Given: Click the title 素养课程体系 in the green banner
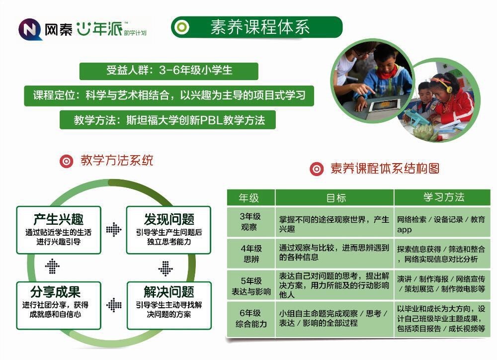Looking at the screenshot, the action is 260,27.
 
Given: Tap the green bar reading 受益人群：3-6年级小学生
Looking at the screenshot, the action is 168,71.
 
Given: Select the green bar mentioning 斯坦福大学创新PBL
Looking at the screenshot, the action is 167,120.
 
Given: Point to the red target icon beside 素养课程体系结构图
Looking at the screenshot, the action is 317,169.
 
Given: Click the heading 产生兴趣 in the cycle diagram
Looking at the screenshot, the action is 59,219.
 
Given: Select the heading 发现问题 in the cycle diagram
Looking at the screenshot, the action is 169,219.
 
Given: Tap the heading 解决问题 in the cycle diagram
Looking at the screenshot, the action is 169,291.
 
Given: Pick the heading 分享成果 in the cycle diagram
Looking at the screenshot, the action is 56,291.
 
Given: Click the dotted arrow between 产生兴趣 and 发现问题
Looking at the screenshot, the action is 114,229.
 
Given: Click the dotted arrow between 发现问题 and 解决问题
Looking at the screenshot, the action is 166,269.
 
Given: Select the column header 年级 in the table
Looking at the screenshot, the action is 249,198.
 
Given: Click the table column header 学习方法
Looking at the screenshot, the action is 444,197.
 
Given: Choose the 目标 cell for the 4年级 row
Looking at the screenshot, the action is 334,253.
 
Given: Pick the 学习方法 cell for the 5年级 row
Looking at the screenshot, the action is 441,284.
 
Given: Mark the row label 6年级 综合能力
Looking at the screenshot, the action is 250,318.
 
